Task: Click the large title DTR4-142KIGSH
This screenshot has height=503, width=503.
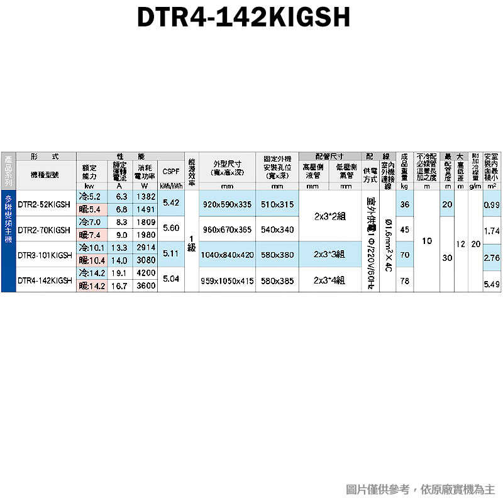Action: (x=243, y=18)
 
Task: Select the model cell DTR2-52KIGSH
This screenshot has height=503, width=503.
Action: (x=44, y=203)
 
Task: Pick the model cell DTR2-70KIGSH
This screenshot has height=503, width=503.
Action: (x=44, y=229)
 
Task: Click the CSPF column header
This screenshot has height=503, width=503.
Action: (x=170, y=172)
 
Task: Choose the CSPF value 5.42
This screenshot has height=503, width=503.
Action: (x=170, y=202)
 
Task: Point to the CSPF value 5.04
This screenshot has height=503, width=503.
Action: (x=170, y=280)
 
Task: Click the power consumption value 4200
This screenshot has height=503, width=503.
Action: (x=146, y=274)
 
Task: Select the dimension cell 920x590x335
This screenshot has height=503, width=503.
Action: (x=228, y=204)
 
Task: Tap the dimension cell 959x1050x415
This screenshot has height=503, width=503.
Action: (x=228, y=281)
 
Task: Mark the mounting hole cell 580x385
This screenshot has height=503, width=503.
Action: (x=277, y=281)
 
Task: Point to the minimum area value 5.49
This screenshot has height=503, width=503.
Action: (x=491, y=285)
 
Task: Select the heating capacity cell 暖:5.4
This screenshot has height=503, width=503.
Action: (x=89, y=209)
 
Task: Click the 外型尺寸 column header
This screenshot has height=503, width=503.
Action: (x=228, y=168)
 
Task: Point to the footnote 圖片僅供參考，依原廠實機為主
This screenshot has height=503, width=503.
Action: (x=420, y=489)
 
